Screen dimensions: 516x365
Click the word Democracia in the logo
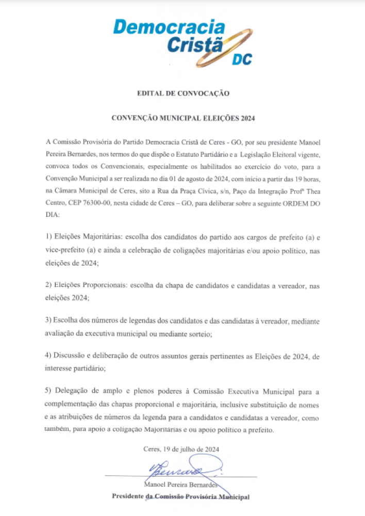click(x=169, y=27)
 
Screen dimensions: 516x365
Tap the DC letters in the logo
click(x=241, y=60)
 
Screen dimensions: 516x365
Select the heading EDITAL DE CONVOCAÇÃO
click(x=182, y=93)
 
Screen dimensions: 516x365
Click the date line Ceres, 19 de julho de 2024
click(x=181, y=449)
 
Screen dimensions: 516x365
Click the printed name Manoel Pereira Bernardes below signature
click(x=182, y=485)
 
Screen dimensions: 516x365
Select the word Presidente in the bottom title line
click(x=128, y=497)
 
